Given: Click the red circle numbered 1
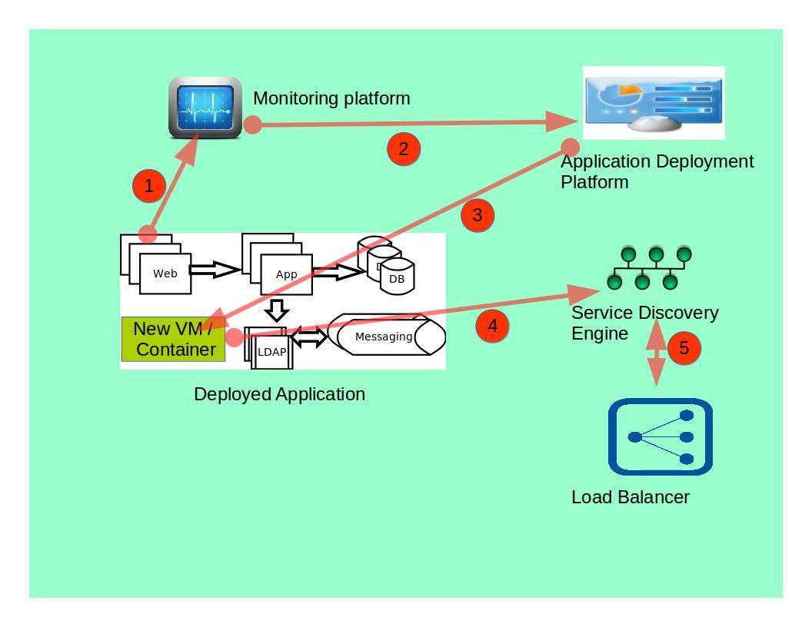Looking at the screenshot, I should pyautogui.click(x=149, y=186).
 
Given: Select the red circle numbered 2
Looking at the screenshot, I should pyautogui.click(x=404, y=149).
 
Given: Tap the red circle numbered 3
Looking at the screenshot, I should pyautogui.click(x=478, y=216).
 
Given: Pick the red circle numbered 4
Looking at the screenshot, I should pyautogui.click(x=493, y=326).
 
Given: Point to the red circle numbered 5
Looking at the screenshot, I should pyautogui.click(x=684, y=349).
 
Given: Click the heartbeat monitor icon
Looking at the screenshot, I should pyautogui.click(x=205, y=108).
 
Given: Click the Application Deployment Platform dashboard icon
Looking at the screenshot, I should pyautogui.click(x=654, y=102).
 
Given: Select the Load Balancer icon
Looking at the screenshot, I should pyautogui.click(x=661, y=436).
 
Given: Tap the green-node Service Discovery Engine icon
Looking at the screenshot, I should pyautogui.click(x=649, y=267).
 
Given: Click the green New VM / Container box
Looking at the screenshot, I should pyautogui.click(x=174, y=339).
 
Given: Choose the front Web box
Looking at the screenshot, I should pyautogui.click(x=165, y=274).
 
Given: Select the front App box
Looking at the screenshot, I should pyautogui.click(x=287, y=274).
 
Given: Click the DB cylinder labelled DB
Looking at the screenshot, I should pyautogui.click(x=397, y=278).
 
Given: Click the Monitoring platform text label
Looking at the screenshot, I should pyautogui.click(x=331, y=98).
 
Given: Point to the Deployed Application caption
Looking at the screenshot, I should pyautogui.click(x=279, y=394).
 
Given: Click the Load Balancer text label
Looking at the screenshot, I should pyautogui.click(x=630, y=497).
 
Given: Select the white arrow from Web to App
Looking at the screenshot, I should pyautogui.click(x=215, y=270).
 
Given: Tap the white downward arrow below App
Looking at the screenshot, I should pyautogui.click(x=277, y=310).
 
